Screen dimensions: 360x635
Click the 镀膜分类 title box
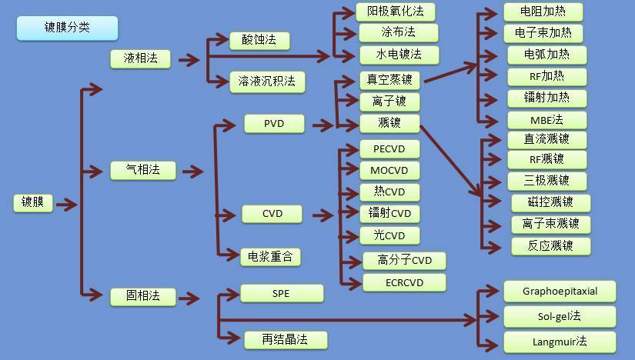point(67,28)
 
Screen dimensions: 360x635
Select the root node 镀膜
point(32,203)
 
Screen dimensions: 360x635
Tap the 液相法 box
point(140,58)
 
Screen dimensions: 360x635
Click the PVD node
point(274,123)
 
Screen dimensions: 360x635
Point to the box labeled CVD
point(272,213)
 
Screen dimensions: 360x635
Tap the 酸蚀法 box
point(259,40)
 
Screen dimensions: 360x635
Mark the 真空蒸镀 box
point(389,80)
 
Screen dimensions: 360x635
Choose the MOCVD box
point(390,170)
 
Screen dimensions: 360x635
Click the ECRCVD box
point(405,282)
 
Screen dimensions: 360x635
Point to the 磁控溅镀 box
point(552,202)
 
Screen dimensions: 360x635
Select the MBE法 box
point(547,120)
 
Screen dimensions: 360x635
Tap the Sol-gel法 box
point(560,316)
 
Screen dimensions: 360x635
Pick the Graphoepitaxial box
point(560,292)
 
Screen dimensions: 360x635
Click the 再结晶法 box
point(286,339)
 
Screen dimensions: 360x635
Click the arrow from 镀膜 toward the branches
point(66,204)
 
